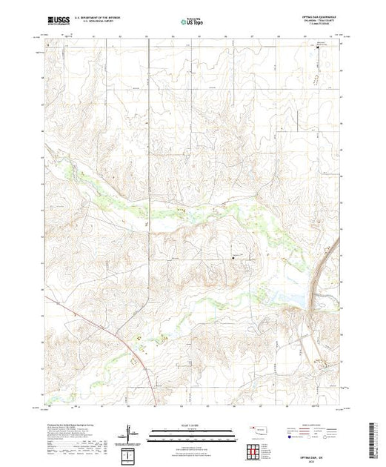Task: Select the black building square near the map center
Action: [x=235, y=257]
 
